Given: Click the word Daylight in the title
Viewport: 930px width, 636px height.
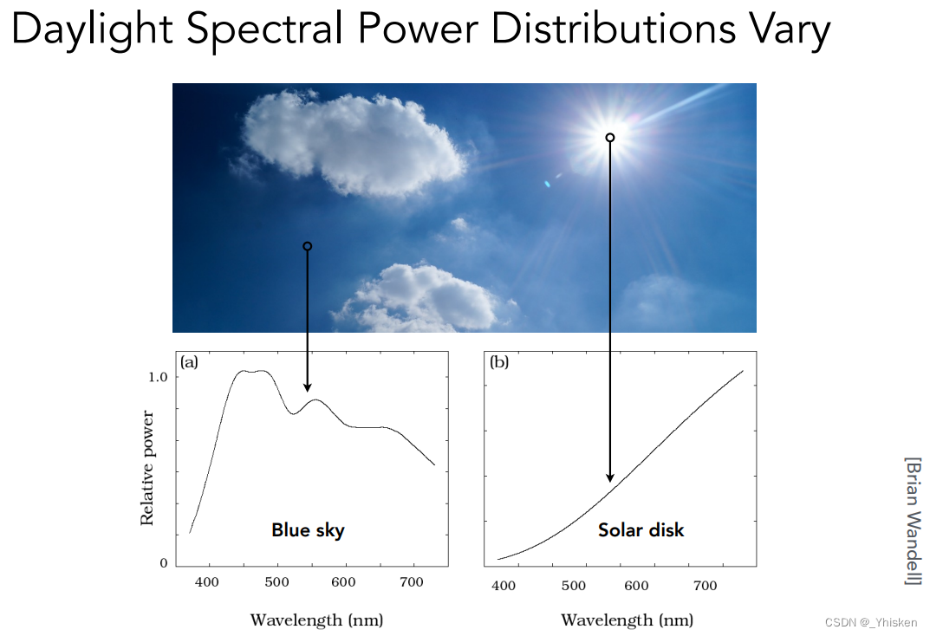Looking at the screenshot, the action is tap(93, 29).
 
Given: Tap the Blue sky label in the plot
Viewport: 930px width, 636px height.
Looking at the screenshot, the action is tap(308, 530).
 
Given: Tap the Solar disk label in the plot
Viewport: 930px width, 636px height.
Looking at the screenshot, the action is tap(641, 529).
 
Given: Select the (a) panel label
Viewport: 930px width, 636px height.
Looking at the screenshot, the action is tap(189, 361).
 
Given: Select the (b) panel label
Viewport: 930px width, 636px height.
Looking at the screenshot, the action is tap(499, 361).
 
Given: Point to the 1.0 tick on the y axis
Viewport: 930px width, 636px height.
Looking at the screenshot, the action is tap(158, 377).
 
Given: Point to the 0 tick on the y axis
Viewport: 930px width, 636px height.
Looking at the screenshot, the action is tap(164, 563).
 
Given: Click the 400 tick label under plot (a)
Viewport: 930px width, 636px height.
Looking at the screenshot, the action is tap(207, 582).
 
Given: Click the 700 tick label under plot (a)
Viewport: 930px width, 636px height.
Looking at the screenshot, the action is tap(412, 582).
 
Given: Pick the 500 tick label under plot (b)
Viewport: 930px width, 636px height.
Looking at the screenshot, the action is tap(574, 586).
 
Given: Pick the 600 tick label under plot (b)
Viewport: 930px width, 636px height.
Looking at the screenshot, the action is tap(636, 586).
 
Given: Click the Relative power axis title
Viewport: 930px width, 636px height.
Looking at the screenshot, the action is tap(146, 468).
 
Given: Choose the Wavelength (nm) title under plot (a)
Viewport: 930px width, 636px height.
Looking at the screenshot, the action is tap(316, 620).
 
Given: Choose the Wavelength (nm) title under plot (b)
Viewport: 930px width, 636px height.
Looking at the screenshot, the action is tap(627, 620).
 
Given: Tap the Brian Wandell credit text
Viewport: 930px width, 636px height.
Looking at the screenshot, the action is tap(914, 521).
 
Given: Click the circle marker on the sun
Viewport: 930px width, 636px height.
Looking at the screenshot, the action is tap(609, 138).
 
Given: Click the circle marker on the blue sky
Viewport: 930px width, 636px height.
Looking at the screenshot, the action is tap(307, 246).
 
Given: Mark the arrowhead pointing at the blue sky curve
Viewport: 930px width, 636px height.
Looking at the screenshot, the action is tap(307, 387).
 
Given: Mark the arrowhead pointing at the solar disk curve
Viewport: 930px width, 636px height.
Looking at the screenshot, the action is tap(609, 477).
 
